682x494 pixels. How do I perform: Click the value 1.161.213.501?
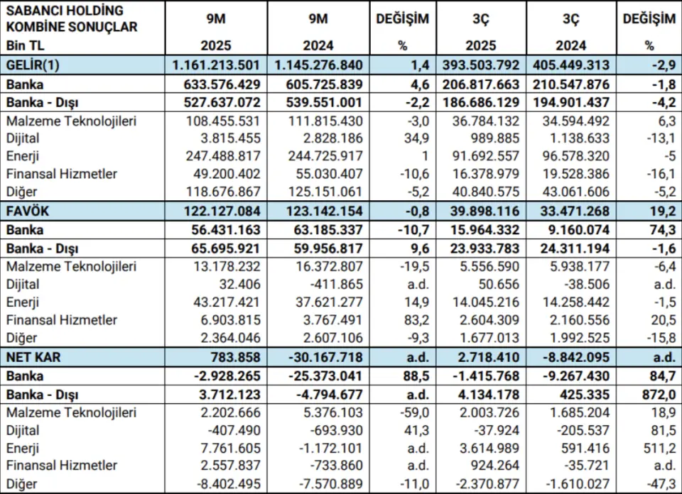tap(217, 65)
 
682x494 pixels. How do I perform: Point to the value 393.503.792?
tap(481, 65)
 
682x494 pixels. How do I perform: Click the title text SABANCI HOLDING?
tap(64, 11)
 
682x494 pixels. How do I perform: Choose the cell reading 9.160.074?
tap(569, 230)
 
